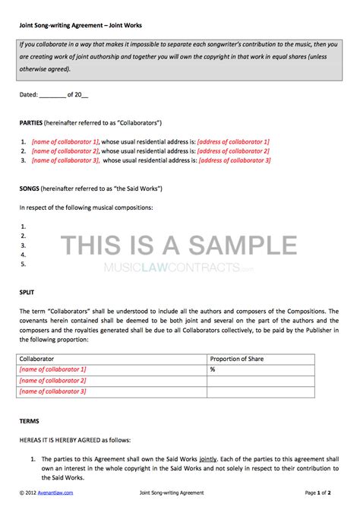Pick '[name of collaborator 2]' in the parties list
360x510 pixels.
coord(65,150)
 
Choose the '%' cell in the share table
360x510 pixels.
coord(213,368)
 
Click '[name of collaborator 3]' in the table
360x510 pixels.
coord(53,391)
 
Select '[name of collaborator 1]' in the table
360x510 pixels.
coord(53,368)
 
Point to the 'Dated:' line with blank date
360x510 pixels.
coord(53,94)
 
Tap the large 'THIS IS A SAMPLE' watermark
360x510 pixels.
coord(179,244)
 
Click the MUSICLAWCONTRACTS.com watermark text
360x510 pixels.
coord(179,268)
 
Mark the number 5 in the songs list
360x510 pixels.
coord(24,264)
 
